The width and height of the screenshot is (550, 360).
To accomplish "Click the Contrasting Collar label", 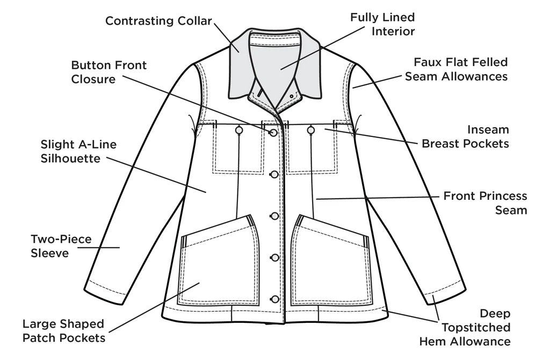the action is click(158, 21).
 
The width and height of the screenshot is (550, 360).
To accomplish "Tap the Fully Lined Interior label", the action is click(382, 24).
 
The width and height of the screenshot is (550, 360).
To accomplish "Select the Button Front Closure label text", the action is click(109, 72).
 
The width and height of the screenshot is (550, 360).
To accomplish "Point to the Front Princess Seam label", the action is click(485, 203).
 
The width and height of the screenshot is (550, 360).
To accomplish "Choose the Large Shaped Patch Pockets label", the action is click(63, 331).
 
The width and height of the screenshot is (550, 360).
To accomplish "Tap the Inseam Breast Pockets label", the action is click(465, 137).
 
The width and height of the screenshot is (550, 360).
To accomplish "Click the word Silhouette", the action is click(70, 159).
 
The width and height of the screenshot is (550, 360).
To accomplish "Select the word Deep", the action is click(495, 313).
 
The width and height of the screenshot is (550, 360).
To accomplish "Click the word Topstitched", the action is click(476, 327).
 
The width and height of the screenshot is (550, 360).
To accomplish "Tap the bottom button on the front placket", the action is click(274, 299).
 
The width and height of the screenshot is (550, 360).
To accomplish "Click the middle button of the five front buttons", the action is click(274, 215).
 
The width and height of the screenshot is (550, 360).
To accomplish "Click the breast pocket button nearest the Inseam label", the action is click(310, 130).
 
